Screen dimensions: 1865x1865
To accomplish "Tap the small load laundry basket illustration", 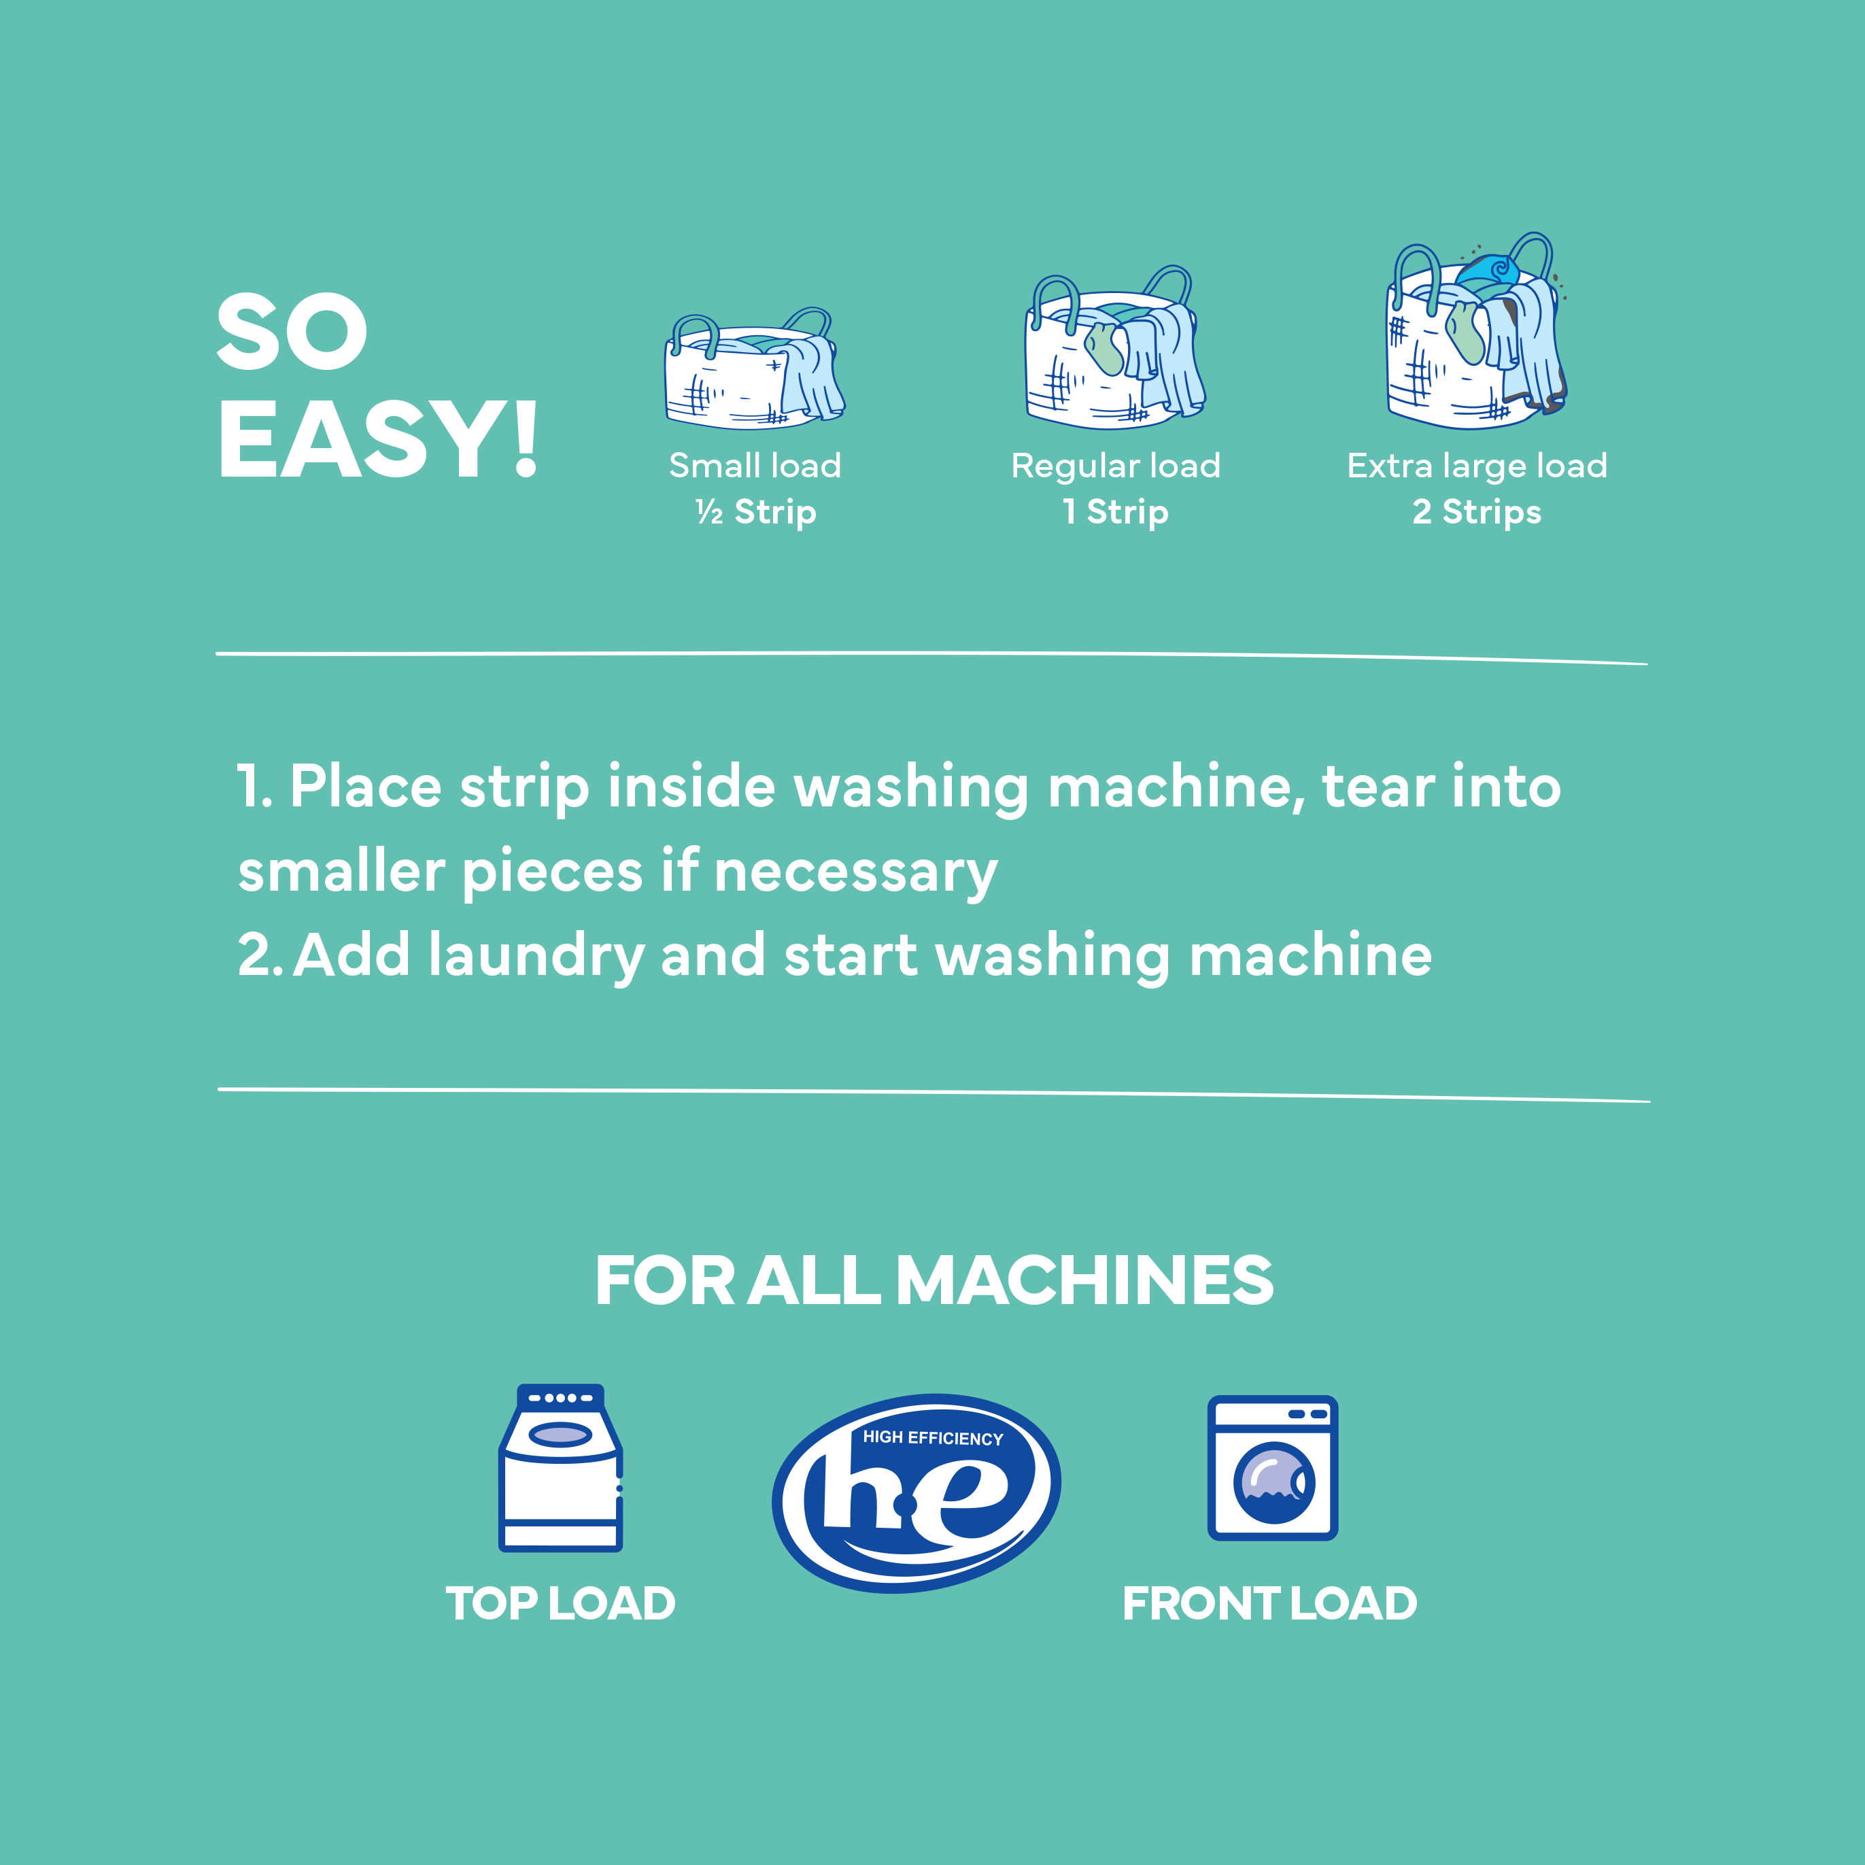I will [x=753, y=372].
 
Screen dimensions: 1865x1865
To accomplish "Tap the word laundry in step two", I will [x=536, y=956].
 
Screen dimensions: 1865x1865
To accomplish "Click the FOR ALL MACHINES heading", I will [x=933, y=1280].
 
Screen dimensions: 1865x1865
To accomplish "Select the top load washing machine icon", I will [x=560, y=1467].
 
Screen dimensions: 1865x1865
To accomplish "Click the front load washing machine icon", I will [x=1272, y=1467].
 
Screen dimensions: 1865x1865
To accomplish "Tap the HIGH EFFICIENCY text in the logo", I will [x=933, y=1437].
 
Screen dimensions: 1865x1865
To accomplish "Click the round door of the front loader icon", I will [x=1273, y=1483].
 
